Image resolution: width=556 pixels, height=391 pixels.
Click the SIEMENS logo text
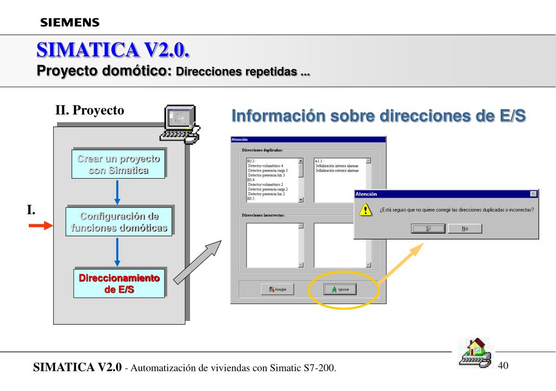pyautogui.click(x=69, y=22)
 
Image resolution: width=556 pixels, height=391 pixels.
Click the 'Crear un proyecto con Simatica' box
pyautogui.click(x=119, y=165)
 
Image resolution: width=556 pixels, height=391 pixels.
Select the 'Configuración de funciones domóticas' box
pyautogui.click(x=119, y=222)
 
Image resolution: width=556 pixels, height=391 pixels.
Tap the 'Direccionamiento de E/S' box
pyautogui.click(x=119, y=283)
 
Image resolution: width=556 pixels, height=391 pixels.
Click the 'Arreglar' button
pyautogui.click(x=278, y=289)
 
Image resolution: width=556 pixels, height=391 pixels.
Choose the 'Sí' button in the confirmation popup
pyautogui.click(x=427, y=228)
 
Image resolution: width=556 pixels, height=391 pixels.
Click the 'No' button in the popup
pyautogui.click(x=465, y=228)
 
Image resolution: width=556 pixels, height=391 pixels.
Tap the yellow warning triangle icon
pyautogui.click(x=367, y=210)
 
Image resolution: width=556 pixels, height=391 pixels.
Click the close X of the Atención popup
pyautogui.click(x=533, y=194)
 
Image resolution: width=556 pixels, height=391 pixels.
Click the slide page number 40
pyautogui.click(x=503, y=365)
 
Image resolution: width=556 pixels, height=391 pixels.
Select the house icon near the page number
pyautogui.click(x=472, y=354)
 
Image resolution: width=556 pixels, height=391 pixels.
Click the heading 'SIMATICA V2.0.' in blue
pyautogui.click(x=113, y=50)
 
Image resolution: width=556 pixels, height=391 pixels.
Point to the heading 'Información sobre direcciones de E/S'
pyautogui.click(x=378, y=116)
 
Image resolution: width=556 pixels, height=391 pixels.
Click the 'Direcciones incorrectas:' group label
pyautogui.click(x=263, y=215)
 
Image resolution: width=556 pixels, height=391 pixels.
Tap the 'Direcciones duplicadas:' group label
pyautogui.click(x=262, y=149)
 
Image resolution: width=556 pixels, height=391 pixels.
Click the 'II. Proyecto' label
pyautogui.click(x=90, y=110)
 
